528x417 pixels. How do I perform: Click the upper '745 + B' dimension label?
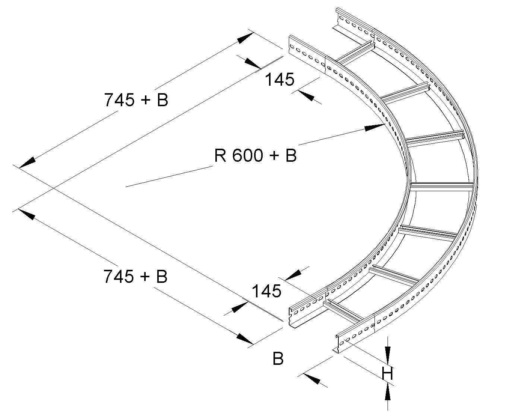(136, 100)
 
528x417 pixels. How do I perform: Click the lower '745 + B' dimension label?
(135, 277)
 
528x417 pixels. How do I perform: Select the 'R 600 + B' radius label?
(255, 155)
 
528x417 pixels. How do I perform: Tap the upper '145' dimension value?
(279, 79)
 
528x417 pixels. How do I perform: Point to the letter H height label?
(388, 373)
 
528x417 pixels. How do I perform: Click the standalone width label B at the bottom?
(278, 359)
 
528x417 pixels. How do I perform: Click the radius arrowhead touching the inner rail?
(374, 127)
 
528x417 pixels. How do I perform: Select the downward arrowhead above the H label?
(388, 353)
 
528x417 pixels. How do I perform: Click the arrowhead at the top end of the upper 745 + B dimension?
(244, 38)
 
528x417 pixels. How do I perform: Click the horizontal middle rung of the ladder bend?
(442, 186)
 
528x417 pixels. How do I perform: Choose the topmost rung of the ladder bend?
(356, 53)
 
